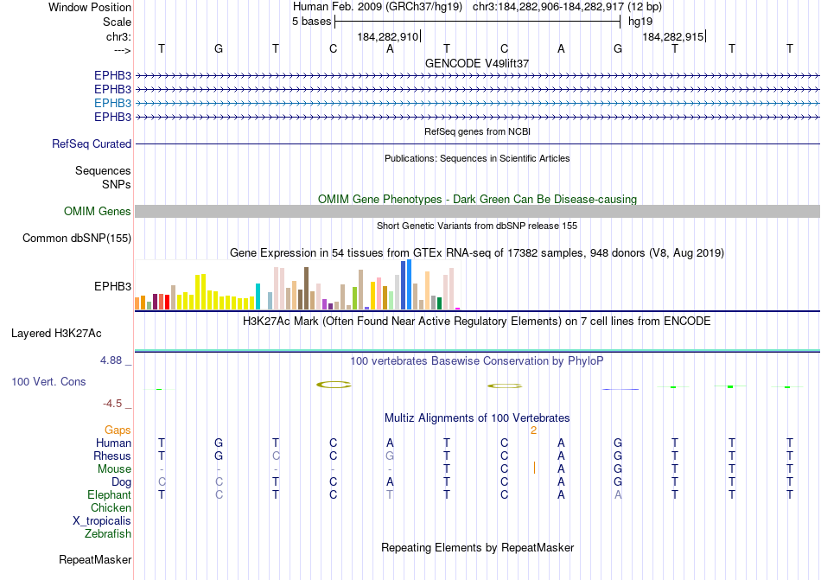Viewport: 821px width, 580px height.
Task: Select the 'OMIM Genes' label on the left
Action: pyautogui.click(x=98, y=212)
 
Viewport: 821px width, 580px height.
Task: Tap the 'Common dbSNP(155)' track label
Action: pyautogui.click(x=77, y=239)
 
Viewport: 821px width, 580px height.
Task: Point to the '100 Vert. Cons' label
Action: pyautogui.click(x=48, y=381)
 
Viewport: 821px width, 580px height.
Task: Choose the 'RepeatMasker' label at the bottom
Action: pyautogui.click(x=95, y=560)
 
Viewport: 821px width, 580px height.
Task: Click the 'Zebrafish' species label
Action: pyautogui.click(x=108, y=534)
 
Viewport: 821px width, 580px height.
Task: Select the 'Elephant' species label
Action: pyautogui.click(x=109, y=495)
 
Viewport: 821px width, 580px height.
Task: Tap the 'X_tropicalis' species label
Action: pyautogui.click(x=102, y=521)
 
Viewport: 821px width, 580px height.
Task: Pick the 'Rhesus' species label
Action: pyautogui.click(x=112, y=456)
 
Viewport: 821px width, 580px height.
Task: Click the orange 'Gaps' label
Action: pyautogui.click(x=118, y=430)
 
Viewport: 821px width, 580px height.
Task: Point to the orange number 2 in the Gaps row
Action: pyautogui.click(x=534, y=430)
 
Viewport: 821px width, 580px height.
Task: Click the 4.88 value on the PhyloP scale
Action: pyautogui.click(x=112, y=360)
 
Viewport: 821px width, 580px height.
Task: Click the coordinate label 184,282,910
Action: pyautogui.click(x=387, y=36)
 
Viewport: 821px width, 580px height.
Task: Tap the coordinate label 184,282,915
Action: pyautogui.click(x=672, y=36)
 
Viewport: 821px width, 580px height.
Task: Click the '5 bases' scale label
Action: pyautogui.click(x=311, y=22)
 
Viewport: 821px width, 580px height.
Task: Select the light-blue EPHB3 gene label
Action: pyautogui.click(x=112, y=103)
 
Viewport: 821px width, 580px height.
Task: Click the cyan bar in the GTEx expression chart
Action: pyautogui.click(x=258, y=296)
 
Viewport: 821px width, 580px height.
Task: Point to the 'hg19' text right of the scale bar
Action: pyautogui.click(x=640, y=22)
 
